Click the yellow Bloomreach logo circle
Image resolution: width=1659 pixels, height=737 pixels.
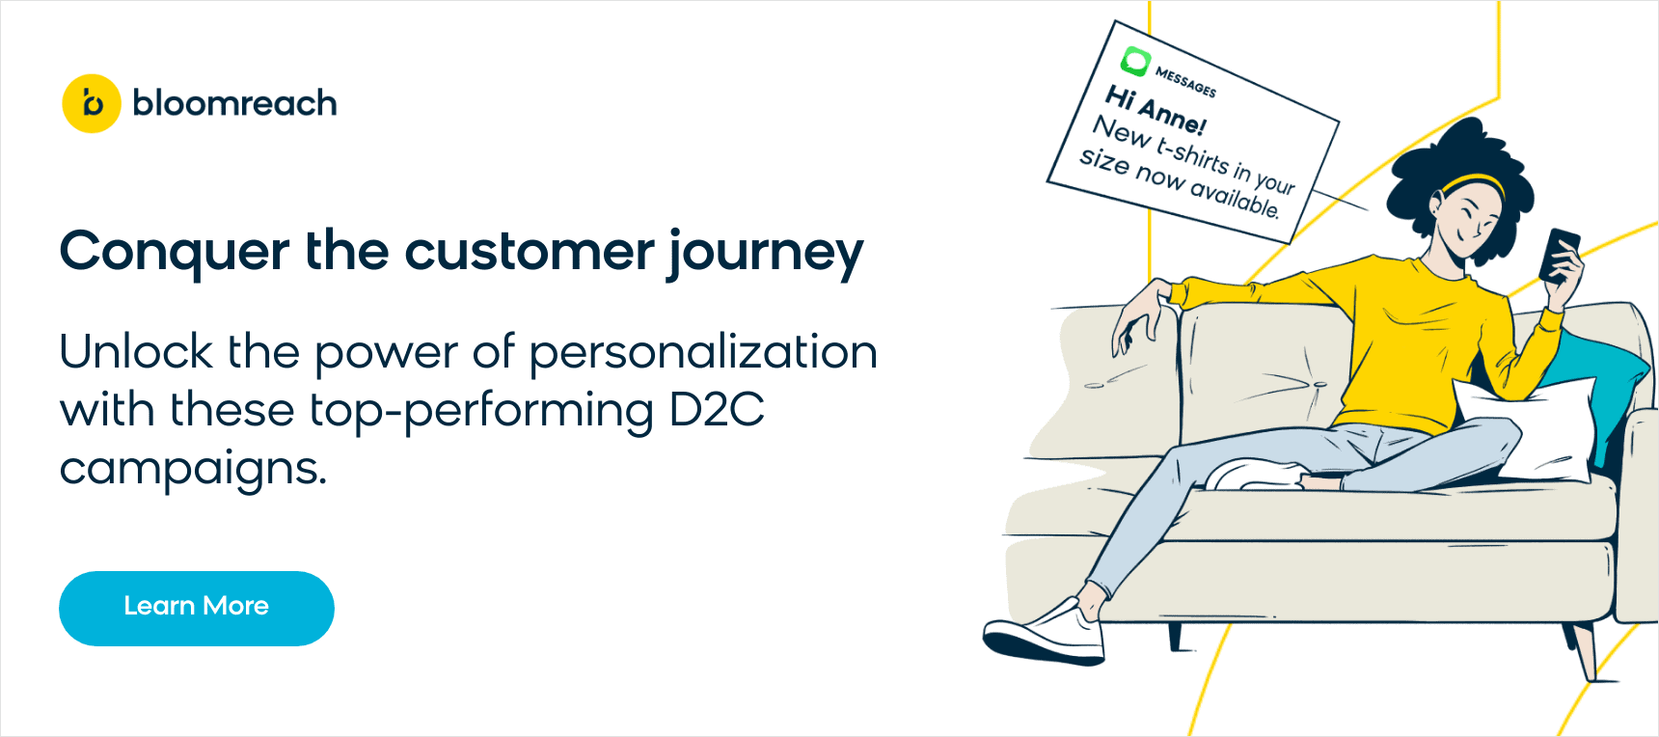[x=92, y=103]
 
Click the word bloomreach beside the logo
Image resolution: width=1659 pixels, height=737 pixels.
[x=234, y=103]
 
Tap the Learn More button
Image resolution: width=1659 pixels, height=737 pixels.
[x=197, y=608]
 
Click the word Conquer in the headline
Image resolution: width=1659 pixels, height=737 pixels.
[x=175, y=252]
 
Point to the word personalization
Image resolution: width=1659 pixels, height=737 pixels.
[x=703, y=353]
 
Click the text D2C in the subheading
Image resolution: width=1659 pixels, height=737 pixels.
[x=717, y=410]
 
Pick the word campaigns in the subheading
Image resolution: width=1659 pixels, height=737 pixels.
[x=193, y=470]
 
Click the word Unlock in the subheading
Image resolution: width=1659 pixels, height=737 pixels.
[x=136, y=351]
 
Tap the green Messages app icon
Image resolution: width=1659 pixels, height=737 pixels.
[x=1135, y=62]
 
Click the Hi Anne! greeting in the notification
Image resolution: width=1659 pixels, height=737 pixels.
[x=1155, y=109]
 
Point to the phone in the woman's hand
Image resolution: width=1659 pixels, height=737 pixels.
[x=1559, y=253]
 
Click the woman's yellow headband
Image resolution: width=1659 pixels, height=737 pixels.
[x=1473, y=181]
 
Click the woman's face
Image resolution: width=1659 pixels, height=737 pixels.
[x=1471, y=220]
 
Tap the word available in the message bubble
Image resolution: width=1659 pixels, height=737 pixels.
[x=1234, y=196]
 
